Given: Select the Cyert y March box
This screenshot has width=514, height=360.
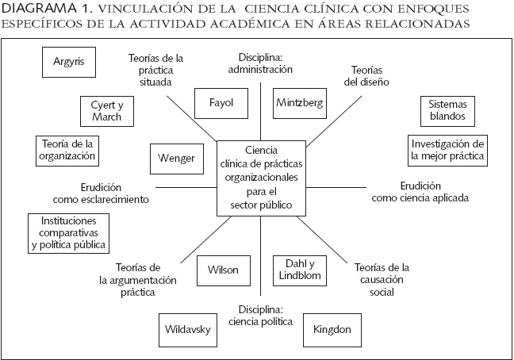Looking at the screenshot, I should [x=106, y=110].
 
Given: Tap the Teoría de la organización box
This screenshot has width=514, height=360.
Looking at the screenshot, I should [x=67, y=150].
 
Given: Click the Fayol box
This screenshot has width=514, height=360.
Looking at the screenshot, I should [x=221, y=103].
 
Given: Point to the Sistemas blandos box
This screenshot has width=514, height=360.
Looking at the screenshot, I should [x=447, y=110].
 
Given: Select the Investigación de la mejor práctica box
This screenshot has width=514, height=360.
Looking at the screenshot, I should [x=447, y=150].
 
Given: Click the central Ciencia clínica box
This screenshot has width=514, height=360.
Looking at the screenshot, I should [x=255, y=178].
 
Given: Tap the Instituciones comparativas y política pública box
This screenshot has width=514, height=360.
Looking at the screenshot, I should [x=67, y=233].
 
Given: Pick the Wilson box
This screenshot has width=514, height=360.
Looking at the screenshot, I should [x=222, y=270].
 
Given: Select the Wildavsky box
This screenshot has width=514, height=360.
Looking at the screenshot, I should [x=187, y=328].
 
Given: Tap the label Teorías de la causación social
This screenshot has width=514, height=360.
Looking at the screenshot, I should [x=382, y=279].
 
